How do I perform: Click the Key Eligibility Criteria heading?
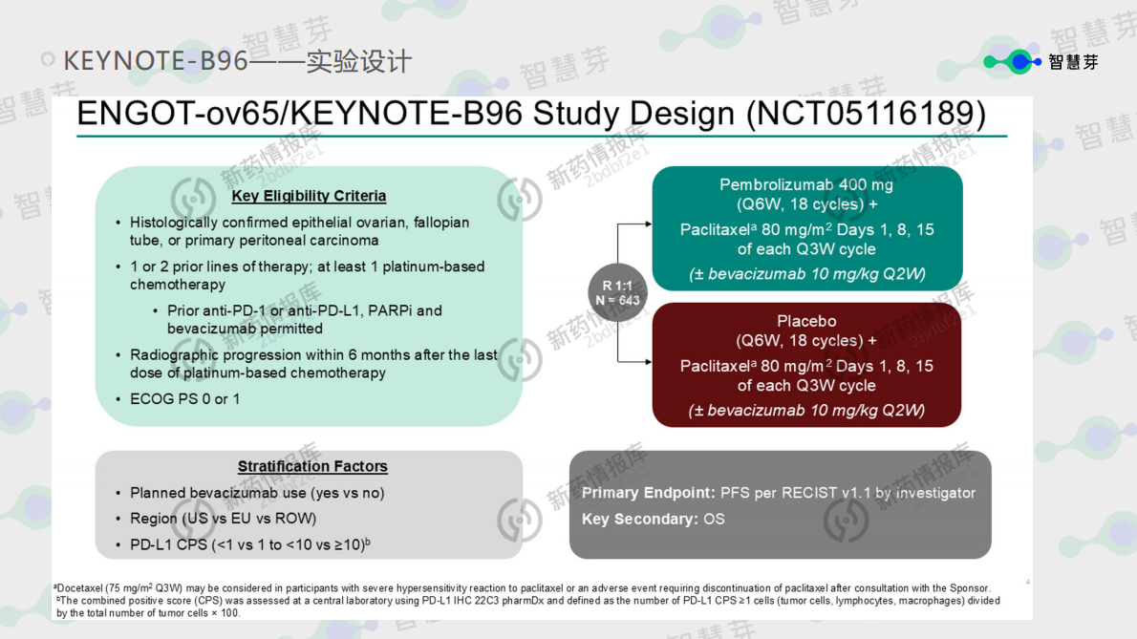pos(309,196)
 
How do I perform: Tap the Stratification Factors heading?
pos(312,466)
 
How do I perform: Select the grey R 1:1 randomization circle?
pos(617,293)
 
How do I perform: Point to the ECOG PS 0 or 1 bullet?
pos(184,398)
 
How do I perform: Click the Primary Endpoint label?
pos(648,493)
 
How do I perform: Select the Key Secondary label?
pos(639,519)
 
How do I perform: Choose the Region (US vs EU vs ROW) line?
pos(223,519)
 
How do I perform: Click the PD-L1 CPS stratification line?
pos(249,544)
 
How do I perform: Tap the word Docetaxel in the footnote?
pos(82,588)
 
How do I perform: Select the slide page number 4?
pos(1027,582)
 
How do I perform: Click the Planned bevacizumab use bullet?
pos(256,493)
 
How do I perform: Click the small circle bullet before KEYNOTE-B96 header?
pos(47,60)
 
